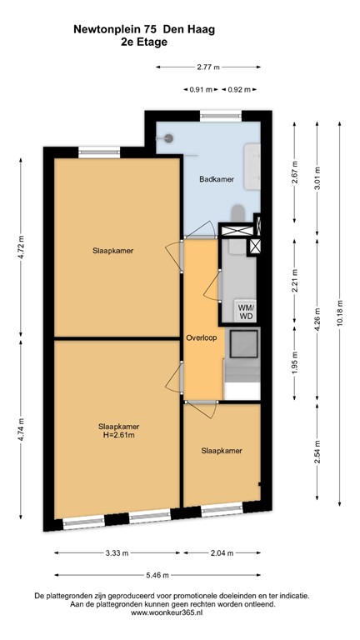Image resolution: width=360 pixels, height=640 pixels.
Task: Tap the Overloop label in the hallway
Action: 201,338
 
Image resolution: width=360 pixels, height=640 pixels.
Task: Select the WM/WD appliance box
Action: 247,311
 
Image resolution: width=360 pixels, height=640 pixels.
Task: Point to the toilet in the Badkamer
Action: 239,215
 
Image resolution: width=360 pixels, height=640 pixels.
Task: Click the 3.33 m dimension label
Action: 117,552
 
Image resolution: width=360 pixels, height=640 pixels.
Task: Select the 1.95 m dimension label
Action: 294,366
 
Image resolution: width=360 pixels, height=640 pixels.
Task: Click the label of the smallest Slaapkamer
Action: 222,451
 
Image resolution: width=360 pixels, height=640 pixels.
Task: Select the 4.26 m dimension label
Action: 317,327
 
